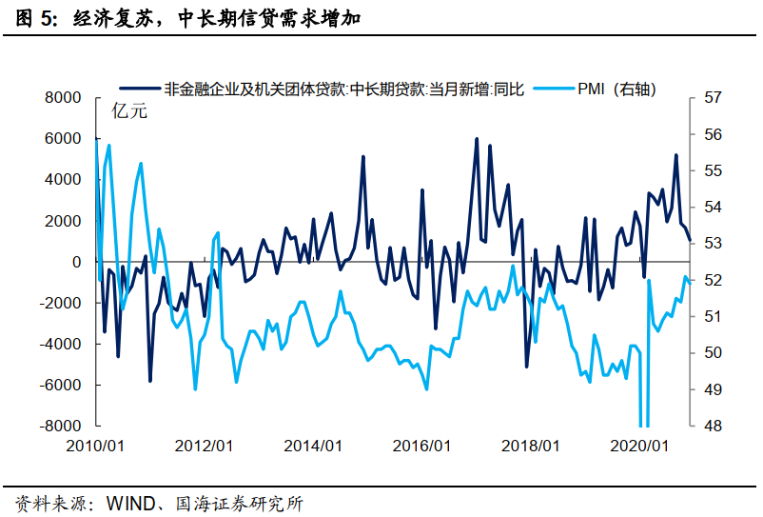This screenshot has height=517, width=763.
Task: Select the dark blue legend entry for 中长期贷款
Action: (343, 89)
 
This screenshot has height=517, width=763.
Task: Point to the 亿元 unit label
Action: (130, 110)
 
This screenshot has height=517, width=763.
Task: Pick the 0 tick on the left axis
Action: (76, 262)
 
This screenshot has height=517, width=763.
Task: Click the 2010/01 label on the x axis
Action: (96, 446)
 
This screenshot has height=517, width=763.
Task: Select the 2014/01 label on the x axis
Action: (314, 446)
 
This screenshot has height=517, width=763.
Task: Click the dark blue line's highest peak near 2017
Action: (477, 139)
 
